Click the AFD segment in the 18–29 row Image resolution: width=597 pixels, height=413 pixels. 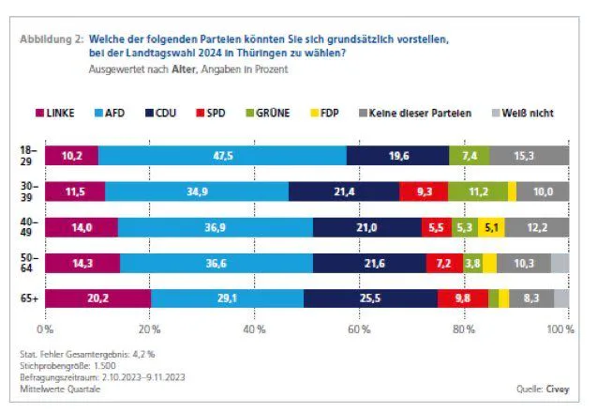tap(222, 156)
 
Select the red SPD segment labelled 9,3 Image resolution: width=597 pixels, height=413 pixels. tap(424, 191)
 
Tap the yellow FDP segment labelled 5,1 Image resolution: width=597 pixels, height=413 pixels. tap(491, 227)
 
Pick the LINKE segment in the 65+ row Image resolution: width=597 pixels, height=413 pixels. tap(97, 298)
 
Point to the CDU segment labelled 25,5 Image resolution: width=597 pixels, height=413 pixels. tap(370, 298)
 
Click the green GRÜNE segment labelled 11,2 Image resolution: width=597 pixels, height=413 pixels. tap(478, 191)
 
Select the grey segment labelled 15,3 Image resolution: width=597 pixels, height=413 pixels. tap(530, 156)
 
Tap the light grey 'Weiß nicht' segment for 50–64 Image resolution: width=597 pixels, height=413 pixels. tap(560, 263)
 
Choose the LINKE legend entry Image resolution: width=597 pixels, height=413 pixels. tap(54, 113)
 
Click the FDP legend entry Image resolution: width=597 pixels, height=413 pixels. tap(325, 113)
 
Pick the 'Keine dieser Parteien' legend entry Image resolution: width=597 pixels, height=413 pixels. tap(415, 113)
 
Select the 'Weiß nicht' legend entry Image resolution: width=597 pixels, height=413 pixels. tap(523, 113)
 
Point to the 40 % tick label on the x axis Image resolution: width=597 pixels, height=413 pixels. tap(254, 329)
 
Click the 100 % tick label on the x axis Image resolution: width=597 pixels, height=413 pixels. tap(560, 329)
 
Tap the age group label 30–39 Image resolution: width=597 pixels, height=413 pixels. tap(29, 191)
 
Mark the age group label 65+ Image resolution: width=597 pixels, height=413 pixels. tap(29, 298)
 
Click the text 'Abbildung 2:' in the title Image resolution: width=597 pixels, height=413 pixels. tap(52, 39)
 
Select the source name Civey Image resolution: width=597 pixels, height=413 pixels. tap(558, 389)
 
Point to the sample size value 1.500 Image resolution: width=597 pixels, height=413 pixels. tap(104, 366)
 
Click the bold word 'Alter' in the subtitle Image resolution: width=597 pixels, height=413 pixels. tap(184, 69)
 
